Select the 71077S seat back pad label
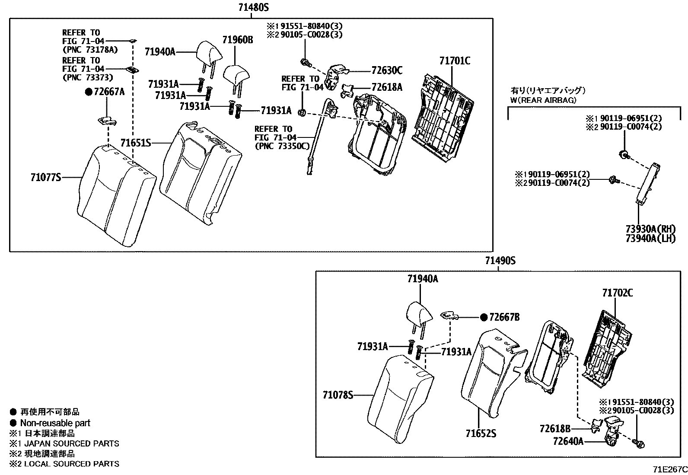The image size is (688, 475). coord(45,177)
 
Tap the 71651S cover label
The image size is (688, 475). coord(135,143)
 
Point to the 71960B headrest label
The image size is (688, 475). coord(238,40)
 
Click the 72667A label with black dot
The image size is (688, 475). coord(105,92)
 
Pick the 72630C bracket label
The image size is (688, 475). coord(387,70)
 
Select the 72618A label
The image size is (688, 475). coord(387,87)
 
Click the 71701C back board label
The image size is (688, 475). coord(455,61)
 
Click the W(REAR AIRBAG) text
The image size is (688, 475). coord(544,100)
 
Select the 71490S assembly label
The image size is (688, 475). coord(500,261)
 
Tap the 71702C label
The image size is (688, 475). coord(618,293)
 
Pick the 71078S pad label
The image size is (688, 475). coord(338,395)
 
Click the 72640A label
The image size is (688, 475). coord(568,441)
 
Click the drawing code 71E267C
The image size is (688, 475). coord(669,469)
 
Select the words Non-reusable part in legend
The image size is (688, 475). coord(55,423)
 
